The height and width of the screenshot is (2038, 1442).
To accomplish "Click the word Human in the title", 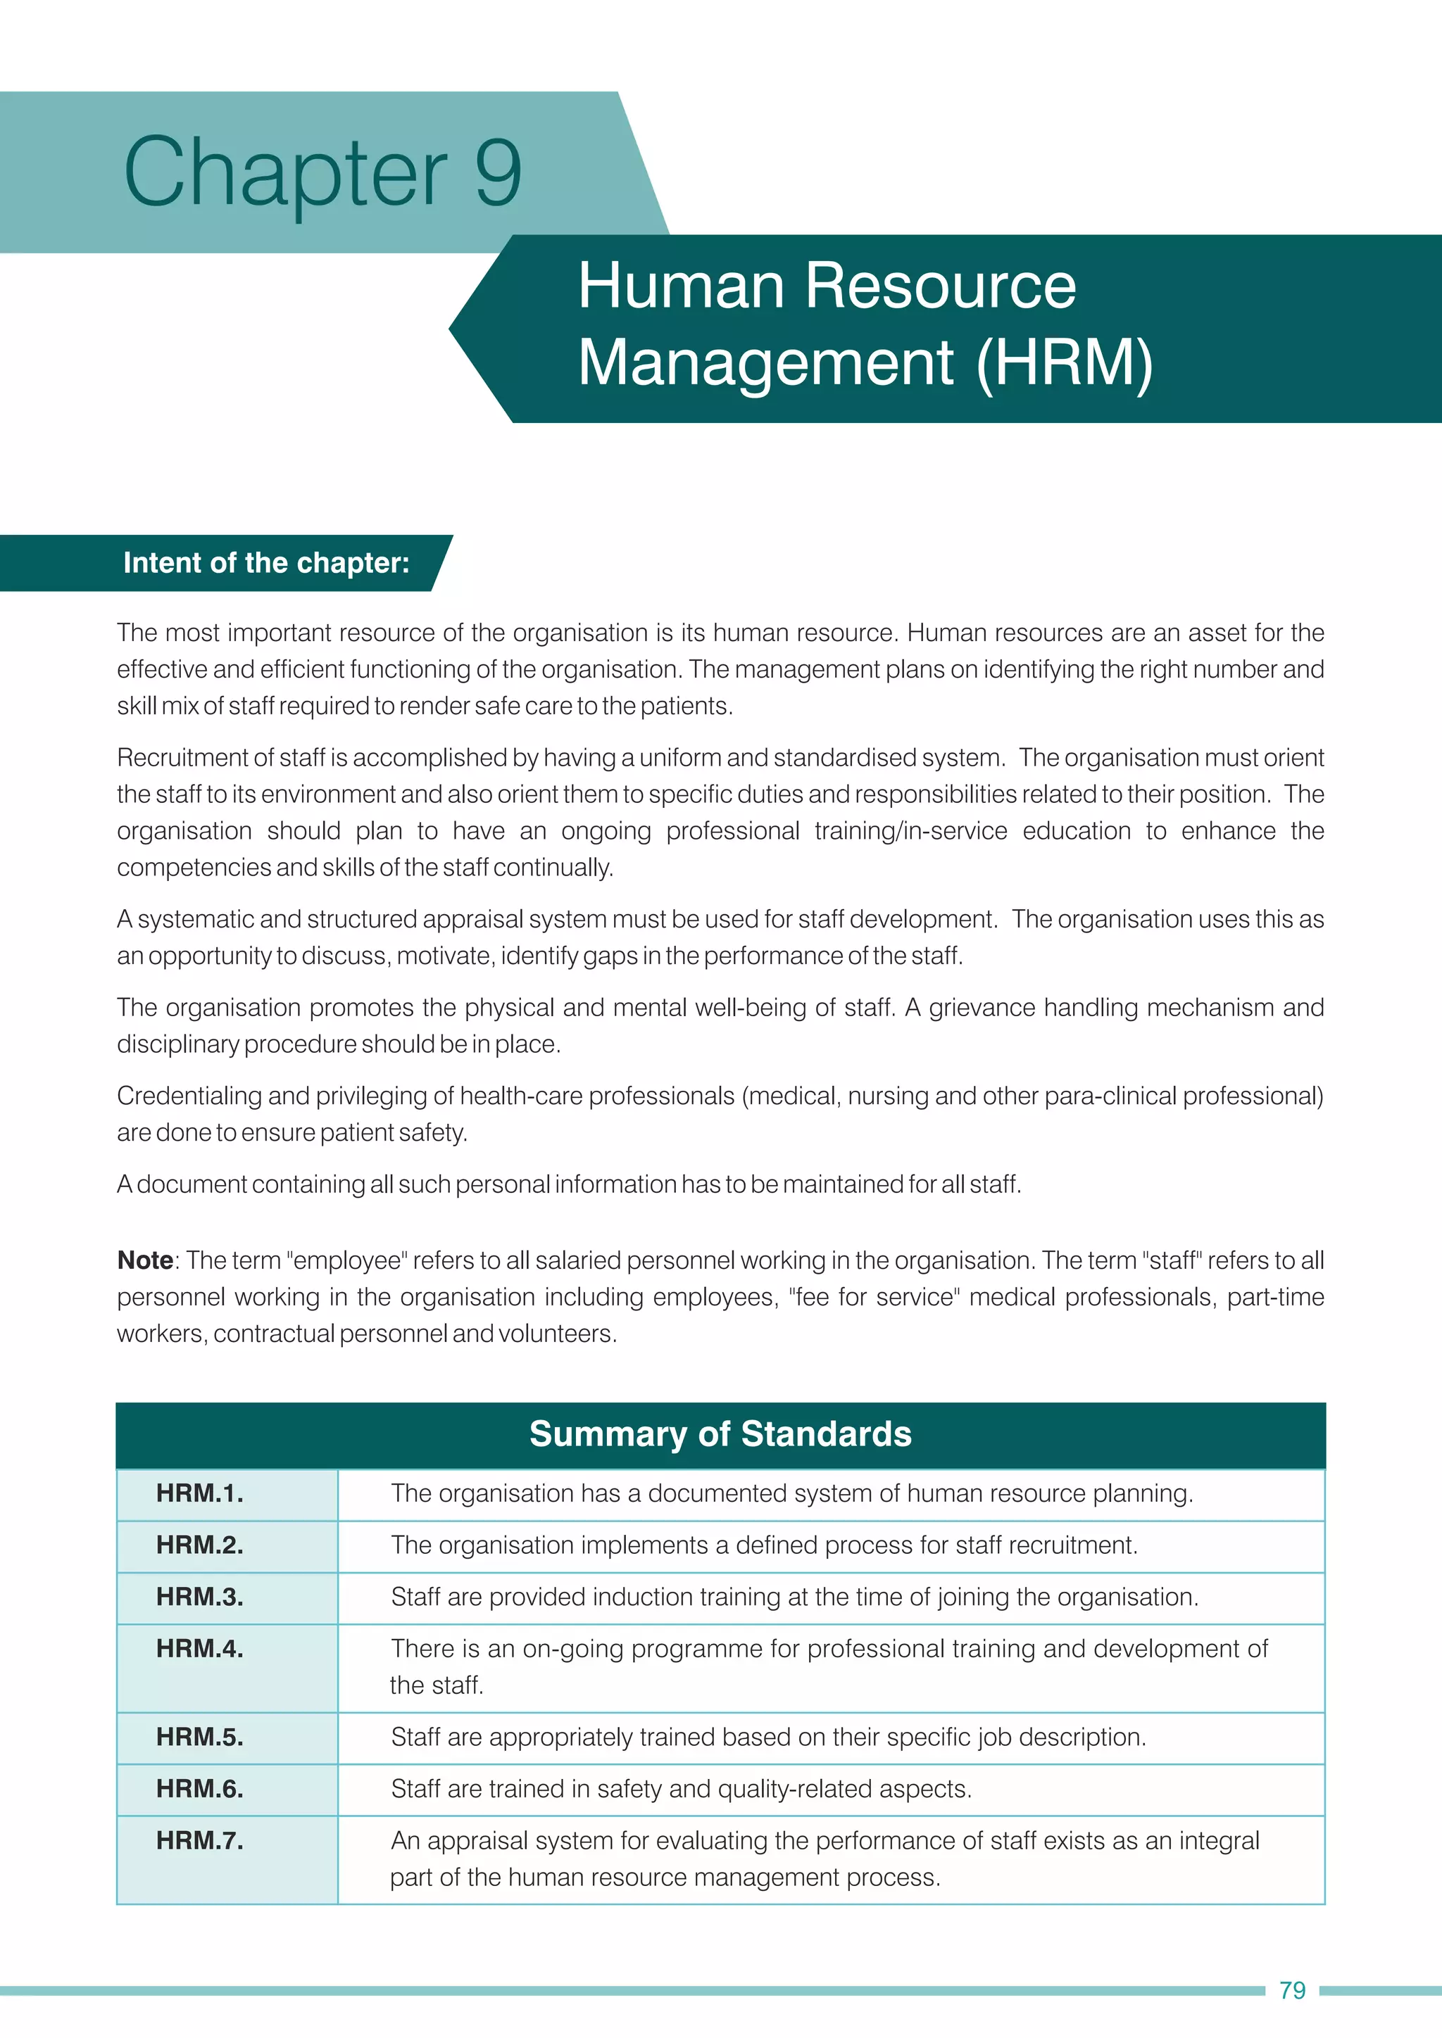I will (x=681, y=286).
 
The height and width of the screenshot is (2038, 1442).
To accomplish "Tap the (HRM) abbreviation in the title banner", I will (x=1064, y=363).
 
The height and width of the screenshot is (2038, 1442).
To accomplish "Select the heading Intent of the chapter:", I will (x=266, y=563).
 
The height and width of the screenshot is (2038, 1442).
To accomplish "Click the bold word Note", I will (x=145, y=1260).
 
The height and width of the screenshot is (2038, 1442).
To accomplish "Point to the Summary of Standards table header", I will (x=720, y=1434).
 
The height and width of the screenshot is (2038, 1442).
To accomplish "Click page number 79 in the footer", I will (x=1292, y=1990).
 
